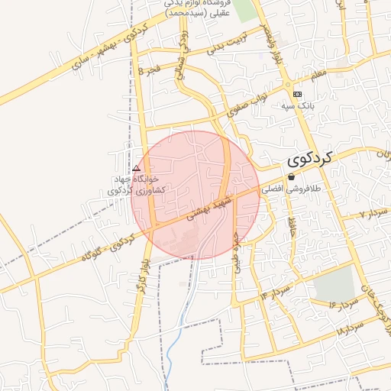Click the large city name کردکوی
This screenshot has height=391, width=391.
click(x=312, y=159)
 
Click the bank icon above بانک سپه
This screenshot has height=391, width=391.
click(x=297, y=92)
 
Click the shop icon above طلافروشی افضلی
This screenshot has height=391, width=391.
click(x=290, y=176)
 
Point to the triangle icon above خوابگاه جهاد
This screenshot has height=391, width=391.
click(x=137, y=168)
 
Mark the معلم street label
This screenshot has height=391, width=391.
click(x=317, y=74)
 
